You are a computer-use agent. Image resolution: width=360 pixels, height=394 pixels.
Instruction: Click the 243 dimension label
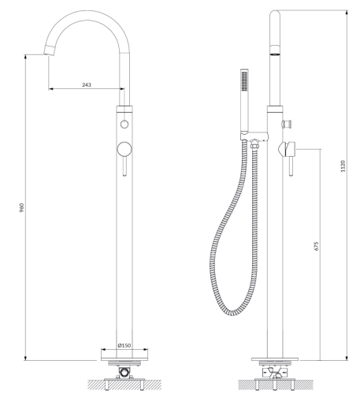[87, 84]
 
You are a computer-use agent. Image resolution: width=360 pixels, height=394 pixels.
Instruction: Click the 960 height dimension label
[22, 207]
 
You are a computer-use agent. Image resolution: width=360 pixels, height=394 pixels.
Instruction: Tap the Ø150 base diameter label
[124, 345]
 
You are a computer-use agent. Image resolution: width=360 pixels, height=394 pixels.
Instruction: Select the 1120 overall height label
[343, 166]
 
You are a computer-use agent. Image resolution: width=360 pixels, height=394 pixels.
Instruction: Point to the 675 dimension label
[316, 246]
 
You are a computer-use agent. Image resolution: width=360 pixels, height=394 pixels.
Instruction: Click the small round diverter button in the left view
[124, 124]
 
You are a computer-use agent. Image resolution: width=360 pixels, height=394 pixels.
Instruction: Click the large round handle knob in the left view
[124, 149]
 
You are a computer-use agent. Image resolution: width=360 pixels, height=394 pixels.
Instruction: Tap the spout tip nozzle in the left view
[50, 50]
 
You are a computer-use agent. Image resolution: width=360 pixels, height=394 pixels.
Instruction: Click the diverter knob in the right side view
[287, 123]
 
